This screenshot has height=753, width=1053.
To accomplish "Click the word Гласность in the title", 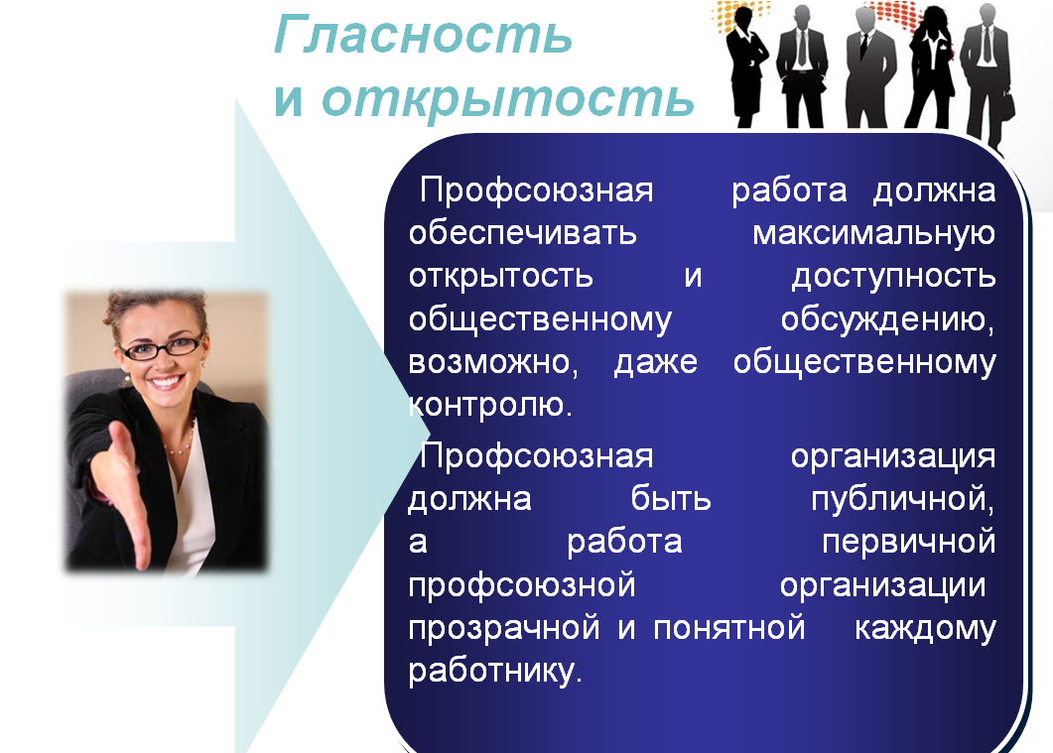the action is [x=423, y=34].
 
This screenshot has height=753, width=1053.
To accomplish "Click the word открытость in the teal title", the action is [x=508, y=98].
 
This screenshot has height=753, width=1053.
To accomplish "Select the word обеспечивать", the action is [x=522, y=233].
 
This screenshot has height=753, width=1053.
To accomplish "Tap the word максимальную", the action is [x=873, y=234].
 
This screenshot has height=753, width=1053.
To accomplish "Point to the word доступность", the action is [x=893, y=277].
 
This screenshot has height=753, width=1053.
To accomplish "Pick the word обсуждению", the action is [x=887, y=320].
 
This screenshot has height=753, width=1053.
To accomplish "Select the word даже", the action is [x=655, y=363].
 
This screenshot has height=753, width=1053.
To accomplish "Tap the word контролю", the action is [x=490, y=406].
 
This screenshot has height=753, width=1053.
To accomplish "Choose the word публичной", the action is [x=902, y=499].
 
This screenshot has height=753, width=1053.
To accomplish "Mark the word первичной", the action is [x=909, y=542].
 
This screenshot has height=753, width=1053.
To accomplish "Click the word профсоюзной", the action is [x=522, y=584].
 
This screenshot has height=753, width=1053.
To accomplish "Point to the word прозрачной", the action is [x=503, y=628].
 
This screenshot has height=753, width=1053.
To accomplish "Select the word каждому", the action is [x=925, y=628].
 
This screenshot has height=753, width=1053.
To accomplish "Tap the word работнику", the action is [x=495, y=671].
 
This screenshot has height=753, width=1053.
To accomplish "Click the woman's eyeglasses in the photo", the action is [x=161, y=347].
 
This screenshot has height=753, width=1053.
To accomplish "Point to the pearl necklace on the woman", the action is [x=180, y=441].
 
